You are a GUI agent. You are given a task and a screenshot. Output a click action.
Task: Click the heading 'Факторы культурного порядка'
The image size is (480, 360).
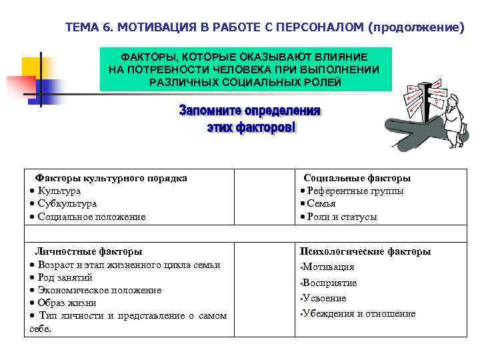[x=111, y=178]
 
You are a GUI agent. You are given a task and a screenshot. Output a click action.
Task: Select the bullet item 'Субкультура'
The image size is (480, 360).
[x=67, y=203]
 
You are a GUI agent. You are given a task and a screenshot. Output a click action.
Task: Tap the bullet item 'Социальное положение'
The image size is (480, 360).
[x=91, y=217]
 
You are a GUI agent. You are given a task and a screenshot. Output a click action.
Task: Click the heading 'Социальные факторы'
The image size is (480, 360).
[x=357, y=178]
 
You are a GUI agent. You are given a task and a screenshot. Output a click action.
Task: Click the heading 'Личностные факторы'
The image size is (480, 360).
[x=88, y=251]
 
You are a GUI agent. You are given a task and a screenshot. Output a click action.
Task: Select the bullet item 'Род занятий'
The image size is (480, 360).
[x=65, y=277]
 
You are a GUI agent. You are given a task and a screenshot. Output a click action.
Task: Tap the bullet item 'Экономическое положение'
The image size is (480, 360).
[x=100, y=290]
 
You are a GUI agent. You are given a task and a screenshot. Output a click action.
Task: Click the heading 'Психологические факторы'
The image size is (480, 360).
[x=365, y=251]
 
